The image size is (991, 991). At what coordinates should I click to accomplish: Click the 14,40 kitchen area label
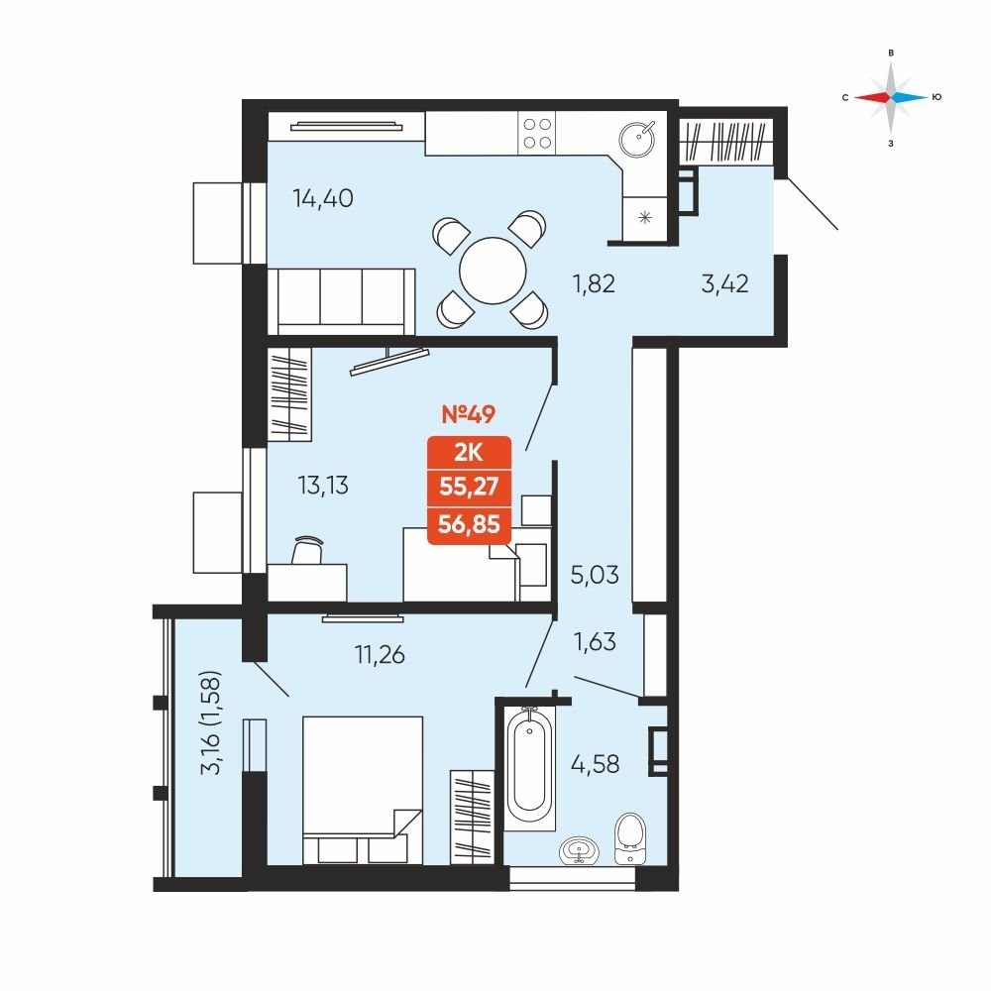click(322, 198)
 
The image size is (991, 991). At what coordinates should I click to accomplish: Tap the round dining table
click(493, 271)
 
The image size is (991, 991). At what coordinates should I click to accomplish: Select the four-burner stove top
click(536, 134)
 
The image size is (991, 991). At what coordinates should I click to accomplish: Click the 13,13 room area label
click(322, 486)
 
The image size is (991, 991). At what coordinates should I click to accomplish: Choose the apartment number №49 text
click(469, 414)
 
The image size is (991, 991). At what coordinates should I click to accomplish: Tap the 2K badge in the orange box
click(469, 453)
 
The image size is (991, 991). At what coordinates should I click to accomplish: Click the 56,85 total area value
click(469, 524)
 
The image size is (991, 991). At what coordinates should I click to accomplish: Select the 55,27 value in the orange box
click(469, 487)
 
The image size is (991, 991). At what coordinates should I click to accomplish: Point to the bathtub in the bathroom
click(529, 768)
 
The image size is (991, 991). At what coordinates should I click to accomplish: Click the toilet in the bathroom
click(630, 838)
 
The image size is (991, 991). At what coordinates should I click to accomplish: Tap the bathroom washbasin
click(579, 850)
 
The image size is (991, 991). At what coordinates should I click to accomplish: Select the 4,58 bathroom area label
click(595, 764)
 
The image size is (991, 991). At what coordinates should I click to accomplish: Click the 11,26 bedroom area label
click(380, 655)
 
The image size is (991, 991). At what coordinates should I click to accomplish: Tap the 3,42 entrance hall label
click(725, 283)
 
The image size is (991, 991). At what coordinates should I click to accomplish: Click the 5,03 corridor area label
click(595, 575)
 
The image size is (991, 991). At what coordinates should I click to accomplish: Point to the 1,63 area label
click(594, 641)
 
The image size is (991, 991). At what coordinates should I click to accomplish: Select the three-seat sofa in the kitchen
click(341, 301)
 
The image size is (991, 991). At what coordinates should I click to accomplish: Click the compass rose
click(891, 97)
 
